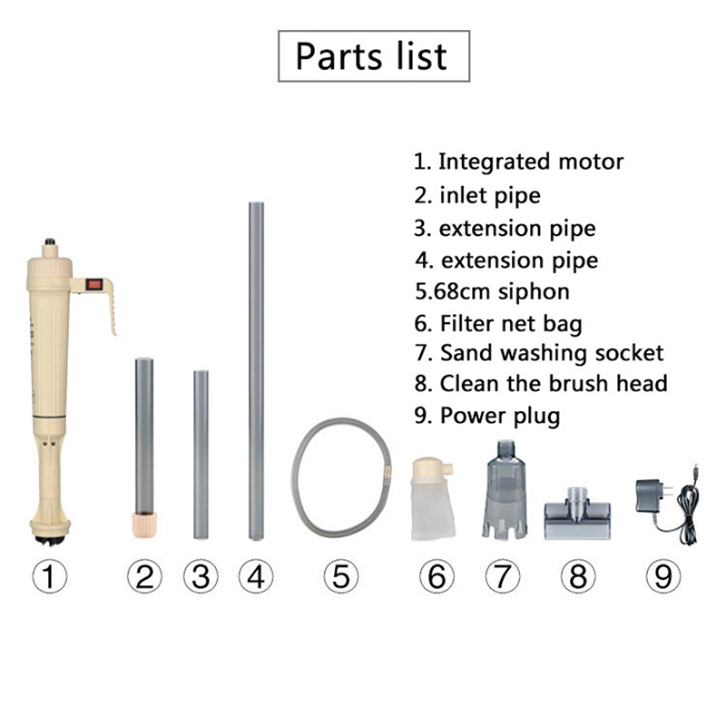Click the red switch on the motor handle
94,284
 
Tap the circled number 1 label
50,576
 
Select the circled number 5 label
341,576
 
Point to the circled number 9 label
663,576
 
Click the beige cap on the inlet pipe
144,524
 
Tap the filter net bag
432,499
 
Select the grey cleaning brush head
577,514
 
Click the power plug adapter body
650,495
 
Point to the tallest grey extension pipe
256,371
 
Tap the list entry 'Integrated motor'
531,162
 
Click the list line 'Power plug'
500,416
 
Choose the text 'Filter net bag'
511,323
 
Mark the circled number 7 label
503,576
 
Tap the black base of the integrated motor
50,541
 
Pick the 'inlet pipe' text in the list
490,195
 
